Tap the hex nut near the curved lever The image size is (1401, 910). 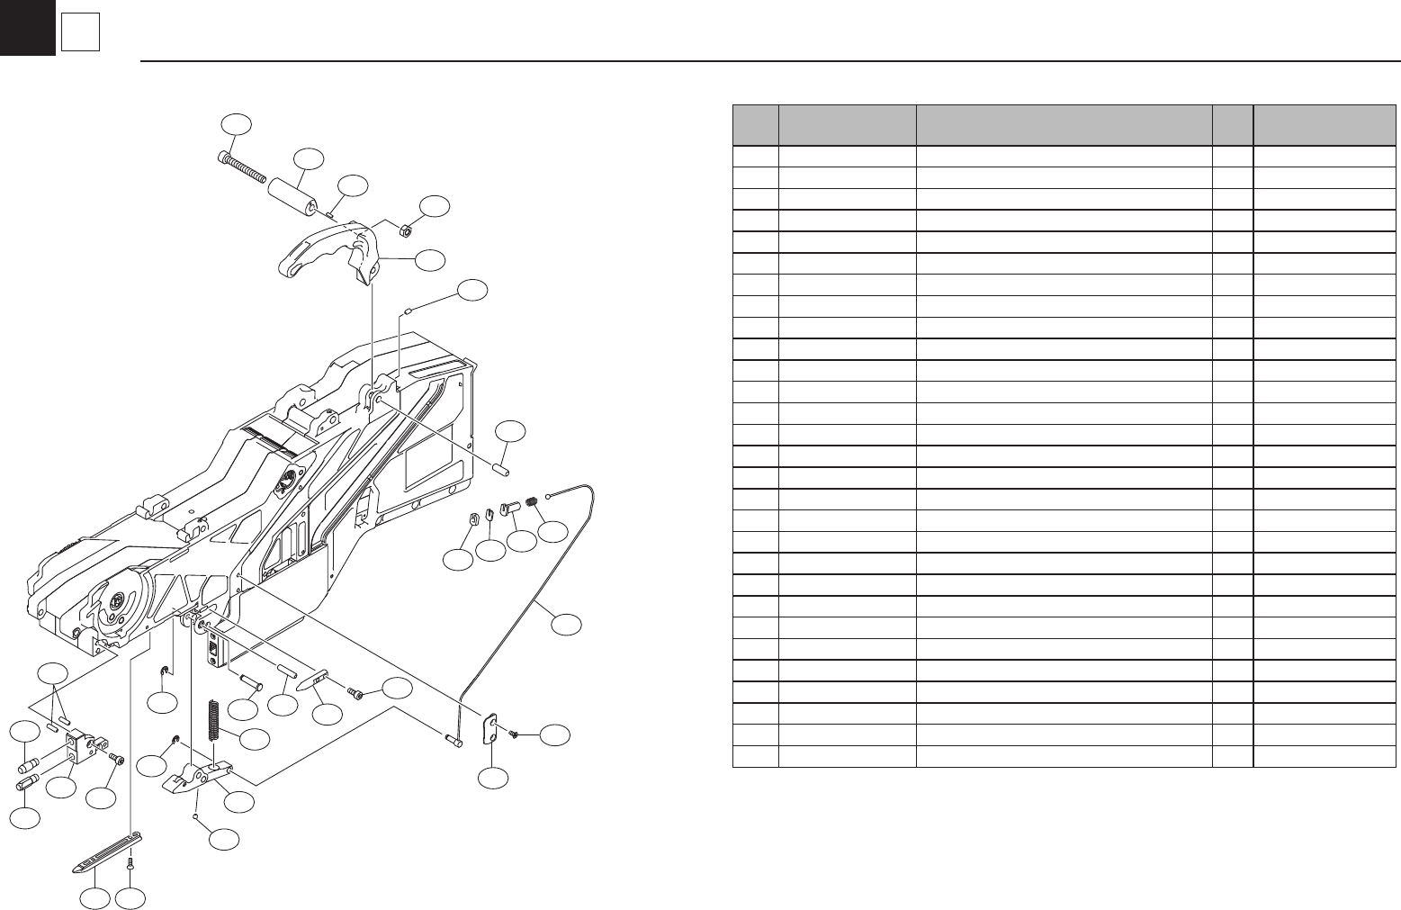405,230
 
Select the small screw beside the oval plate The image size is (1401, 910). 512,734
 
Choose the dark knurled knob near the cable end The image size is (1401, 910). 531,501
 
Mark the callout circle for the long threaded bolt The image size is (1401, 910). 237,126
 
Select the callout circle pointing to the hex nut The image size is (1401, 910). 436,206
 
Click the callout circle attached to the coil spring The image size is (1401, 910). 256,739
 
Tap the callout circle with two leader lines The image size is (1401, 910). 53,675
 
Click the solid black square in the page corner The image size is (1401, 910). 27,27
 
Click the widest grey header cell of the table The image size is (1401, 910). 1063,125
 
